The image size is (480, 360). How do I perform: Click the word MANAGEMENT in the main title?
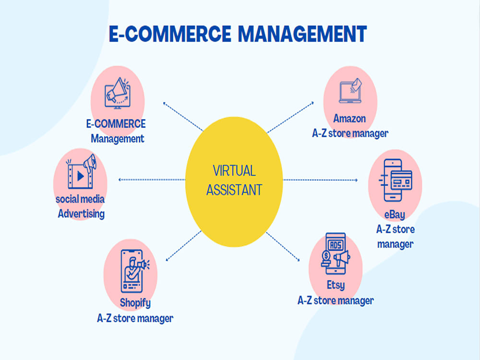tap(302, 34)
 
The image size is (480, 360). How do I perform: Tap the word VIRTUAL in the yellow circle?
tap(234, 171)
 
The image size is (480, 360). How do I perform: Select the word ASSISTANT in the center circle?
tap(234, 190)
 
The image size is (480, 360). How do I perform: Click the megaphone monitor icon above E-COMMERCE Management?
tap(117, 93)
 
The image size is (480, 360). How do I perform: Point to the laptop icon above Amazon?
tap(350, 91)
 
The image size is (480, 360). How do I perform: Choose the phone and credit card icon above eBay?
tap(396, 180)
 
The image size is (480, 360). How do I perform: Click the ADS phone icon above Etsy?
tap(336, 253)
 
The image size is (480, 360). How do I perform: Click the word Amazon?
tap(349, 119)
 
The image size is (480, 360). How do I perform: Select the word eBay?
tap(395, 215)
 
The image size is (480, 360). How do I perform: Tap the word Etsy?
tap(336, 285)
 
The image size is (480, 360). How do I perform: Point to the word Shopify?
tap(135, 303)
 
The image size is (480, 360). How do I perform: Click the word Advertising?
tap(82, 214)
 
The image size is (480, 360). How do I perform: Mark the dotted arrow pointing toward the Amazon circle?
tap(290, 118)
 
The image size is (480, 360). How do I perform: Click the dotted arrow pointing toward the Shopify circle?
tap(183, 246)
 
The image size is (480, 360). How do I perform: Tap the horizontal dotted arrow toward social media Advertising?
tap(152, 180)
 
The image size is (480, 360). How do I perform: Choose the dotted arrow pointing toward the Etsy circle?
tap(283, 247)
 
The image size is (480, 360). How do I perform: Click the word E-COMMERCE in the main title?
tap(170, 34)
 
